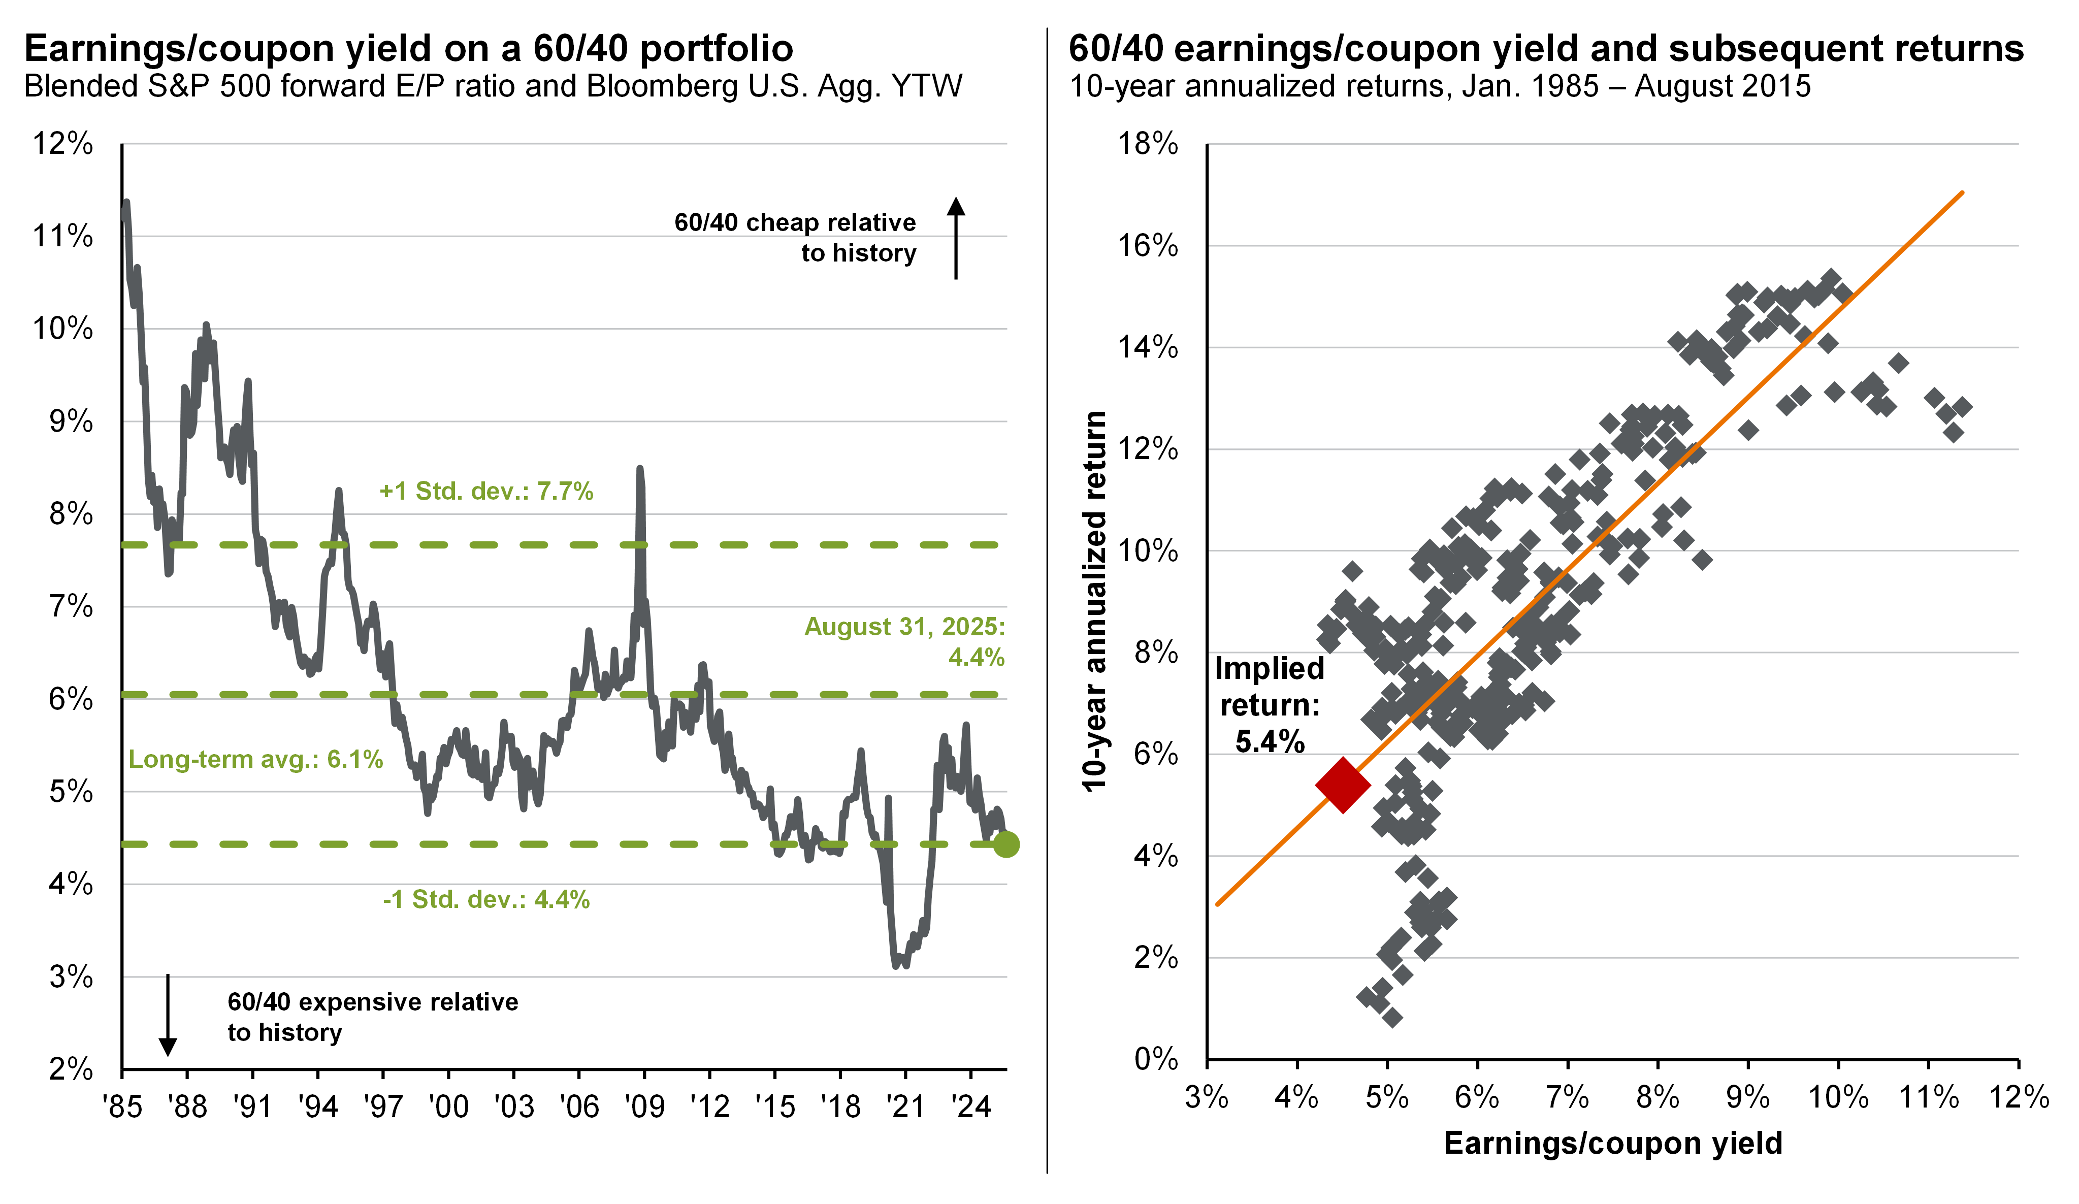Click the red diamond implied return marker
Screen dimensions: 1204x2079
pyautogui.click(x=1342, y=786)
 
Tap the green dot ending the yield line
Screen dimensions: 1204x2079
pyautogui.click(x=1005, y=844)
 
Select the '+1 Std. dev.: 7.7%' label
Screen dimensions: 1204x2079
pyautogui.click(x=486, y=492)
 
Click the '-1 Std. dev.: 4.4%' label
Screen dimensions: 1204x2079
pyautogui.click(x=486, y=899)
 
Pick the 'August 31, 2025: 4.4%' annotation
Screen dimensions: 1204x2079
pyautogui.click(x=905, y=642)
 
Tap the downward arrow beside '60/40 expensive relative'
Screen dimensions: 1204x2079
pyautogui.click(x=168, y=1015)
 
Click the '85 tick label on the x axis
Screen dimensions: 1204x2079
pyautogui.click(x=122, y=1106)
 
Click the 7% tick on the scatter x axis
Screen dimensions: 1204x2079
pyautogui.click(x=1567, y=1097)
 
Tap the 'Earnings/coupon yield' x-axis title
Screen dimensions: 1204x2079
pyautogui.click(x=1613, y=1143)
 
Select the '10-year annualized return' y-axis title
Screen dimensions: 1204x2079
pyautogui.click(x=1095, y=602)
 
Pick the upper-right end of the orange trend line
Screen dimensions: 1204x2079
pyautogui.click(x=1962, y=192)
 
